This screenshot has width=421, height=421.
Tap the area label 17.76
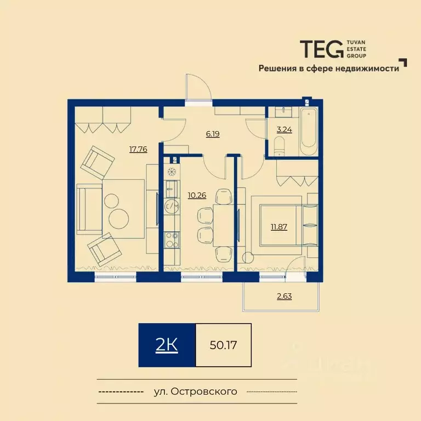point(138,149)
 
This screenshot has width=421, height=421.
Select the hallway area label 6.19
point(213,133)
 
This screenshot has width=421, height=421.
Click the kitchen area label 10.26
point(197,195)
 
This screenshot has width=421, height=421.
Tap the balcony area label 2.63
point(284,297)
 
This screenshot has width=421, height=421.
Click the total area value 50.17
point(223,345)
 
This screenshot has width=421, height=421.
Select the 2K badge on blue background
point(167,345)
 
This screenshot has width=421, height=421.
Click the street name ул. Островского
point(196,391)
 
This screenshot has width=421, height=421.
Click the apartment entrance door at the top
point(198,90)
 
